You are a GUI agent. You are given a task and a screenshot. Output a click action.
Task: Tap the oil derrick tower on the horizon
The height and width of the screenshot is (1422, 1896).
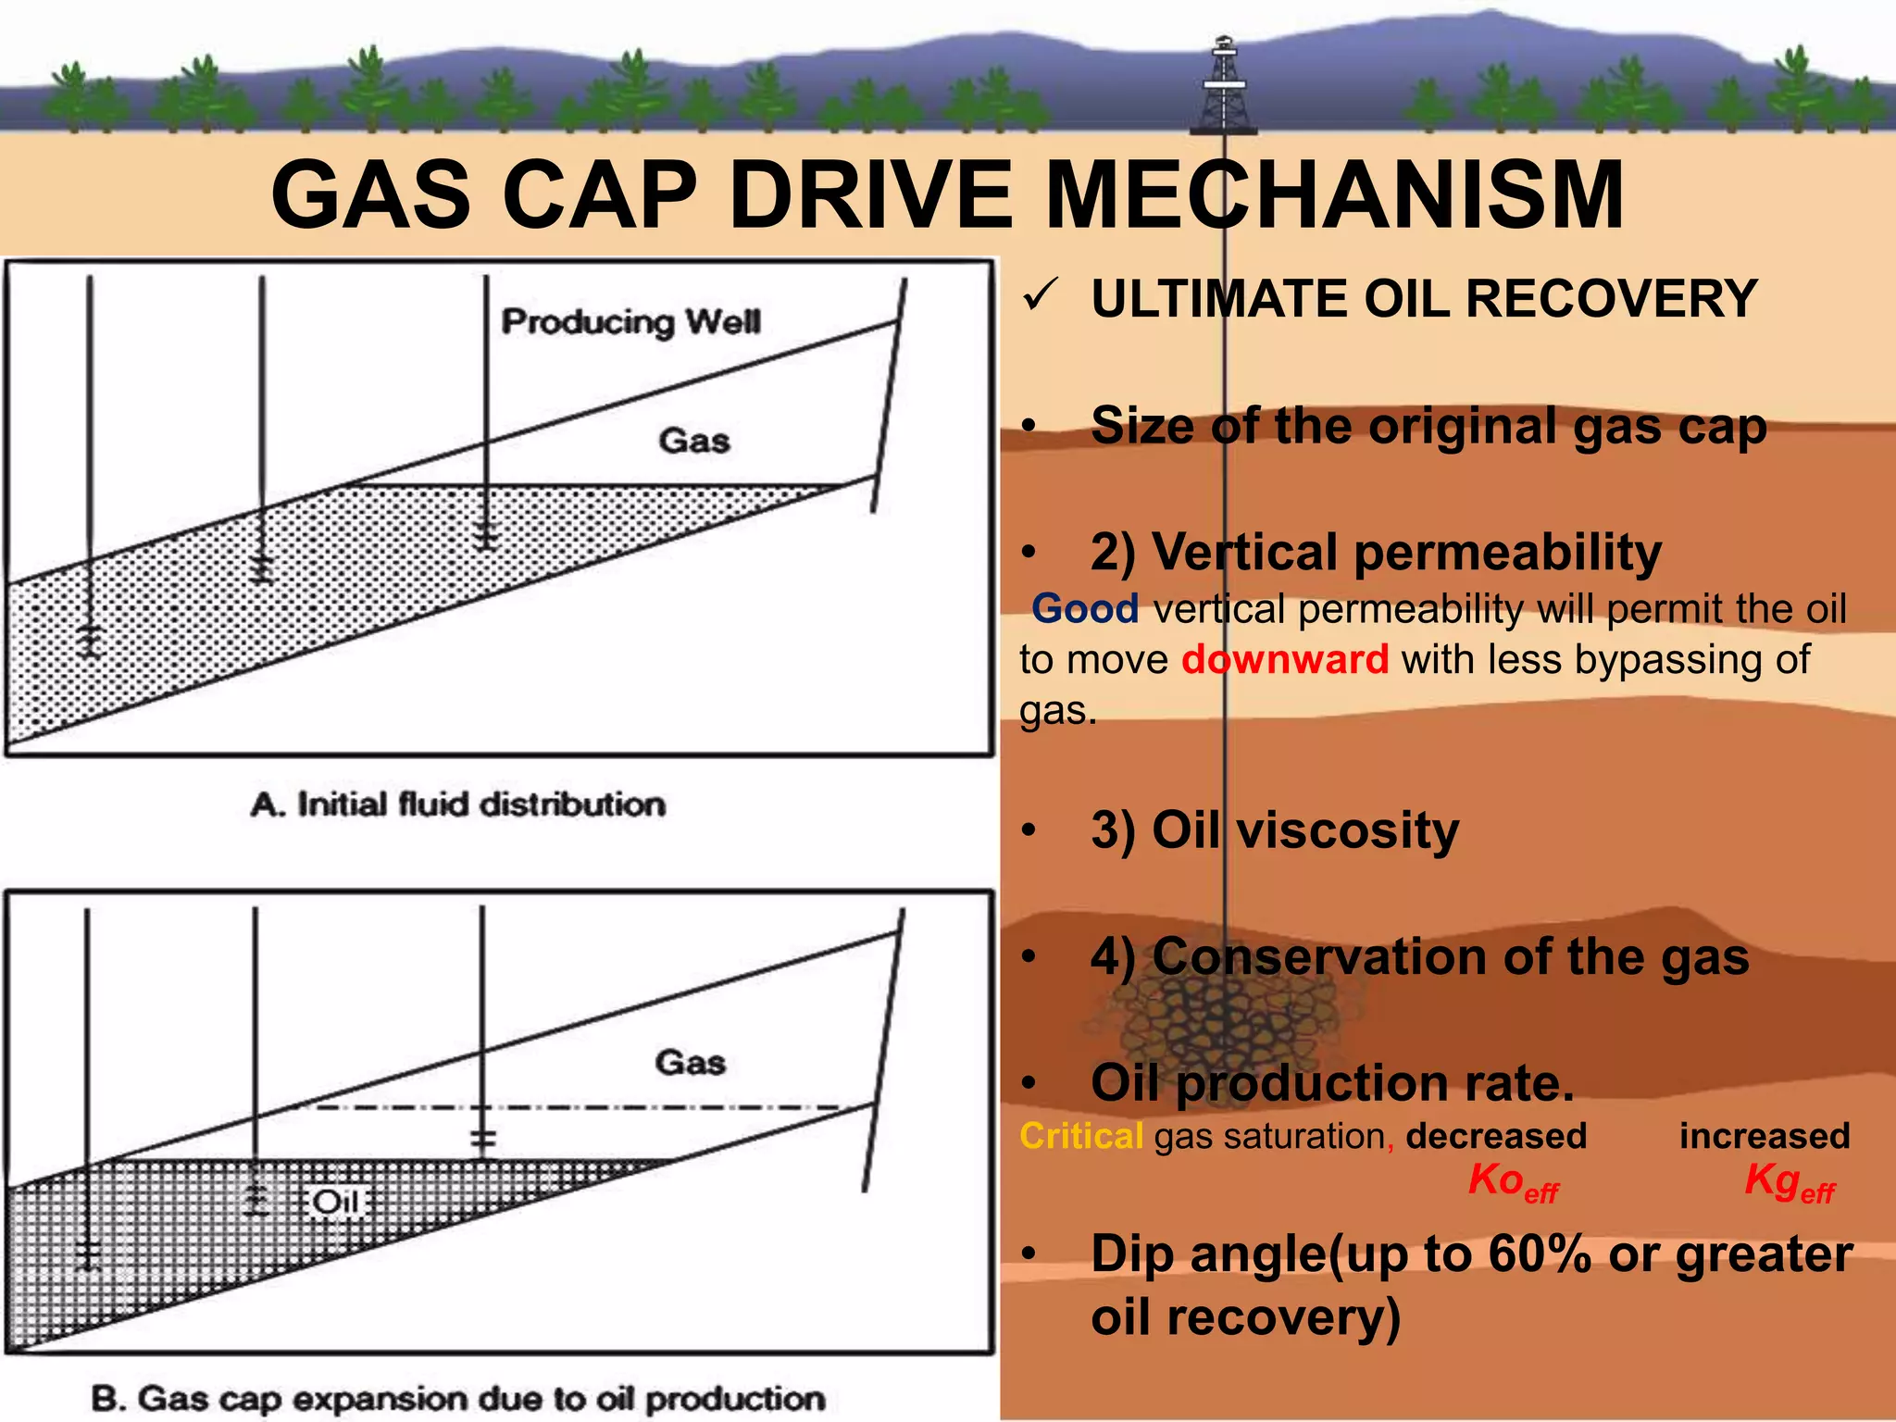point(1224,88)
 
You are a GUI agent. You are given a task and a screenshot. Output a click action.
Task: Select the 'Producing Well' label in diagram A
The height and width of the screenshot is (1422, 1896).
point(630,322)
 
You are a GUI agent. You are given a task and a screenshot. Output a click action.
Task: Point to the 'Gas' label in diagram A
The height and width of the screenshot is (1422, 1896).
point(693,441)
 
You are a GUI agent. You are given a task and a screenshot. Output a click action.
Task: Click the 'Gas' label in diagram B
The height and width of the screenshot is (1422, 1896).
point(690,1062)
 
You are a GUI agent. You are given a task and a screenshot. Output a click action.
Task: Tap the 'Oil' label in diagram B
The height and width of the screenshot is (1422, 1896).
point(335,1202)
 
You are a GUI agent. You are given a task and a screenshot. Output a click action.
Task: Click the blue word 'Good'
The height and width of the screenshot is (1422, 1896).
point(1085,609)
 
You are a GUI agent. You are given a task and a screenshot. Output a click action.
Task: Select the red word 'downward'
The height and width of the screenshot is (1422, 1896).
point(1285,660)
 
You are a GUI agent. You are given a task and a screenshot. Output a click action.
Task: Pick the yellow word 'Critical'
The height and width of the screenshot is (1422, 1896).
point(1081,1136)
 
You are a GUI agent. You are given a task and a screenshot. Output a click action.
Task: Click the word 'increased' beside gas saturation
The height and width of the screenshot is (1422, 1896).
point(1765,1136)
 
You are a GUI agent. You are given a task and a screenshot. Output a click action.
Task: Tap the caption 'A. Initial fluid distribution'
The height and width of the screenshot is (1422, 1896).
point(458,804)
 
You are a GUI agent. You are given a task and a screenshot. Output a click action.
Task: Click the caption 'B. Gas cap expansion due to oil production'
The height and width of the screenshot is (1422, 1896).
point(458,1398)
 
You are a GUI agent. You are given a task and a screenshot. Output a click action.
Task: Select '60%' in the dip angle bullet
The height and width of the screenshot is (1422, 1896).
point(1539,1254)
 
